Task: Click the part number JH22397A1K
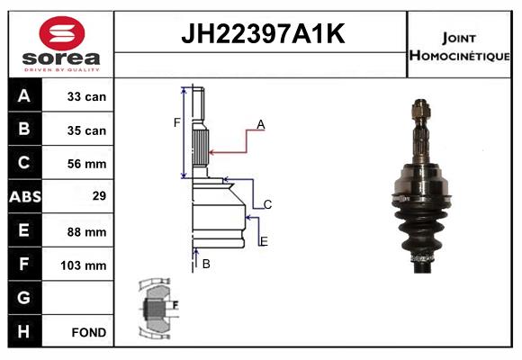click(x=263, y=33)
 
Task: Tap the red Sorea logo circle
click(x=62, y=33)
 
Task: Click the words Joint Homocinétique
click(x=459, y=47)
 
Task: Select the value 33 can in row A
click(x=86, y=96)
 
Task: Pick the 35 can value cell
click(x=86, y=130)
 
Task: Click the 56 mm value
click(x=86, y=164)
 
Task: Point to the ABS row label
click(x=25, y=196)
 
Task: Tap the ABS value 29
click(x=99, y=195)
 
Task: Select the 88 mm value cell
click(x=86, y=232)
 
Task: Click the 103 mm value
click(x=84, y=265)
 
